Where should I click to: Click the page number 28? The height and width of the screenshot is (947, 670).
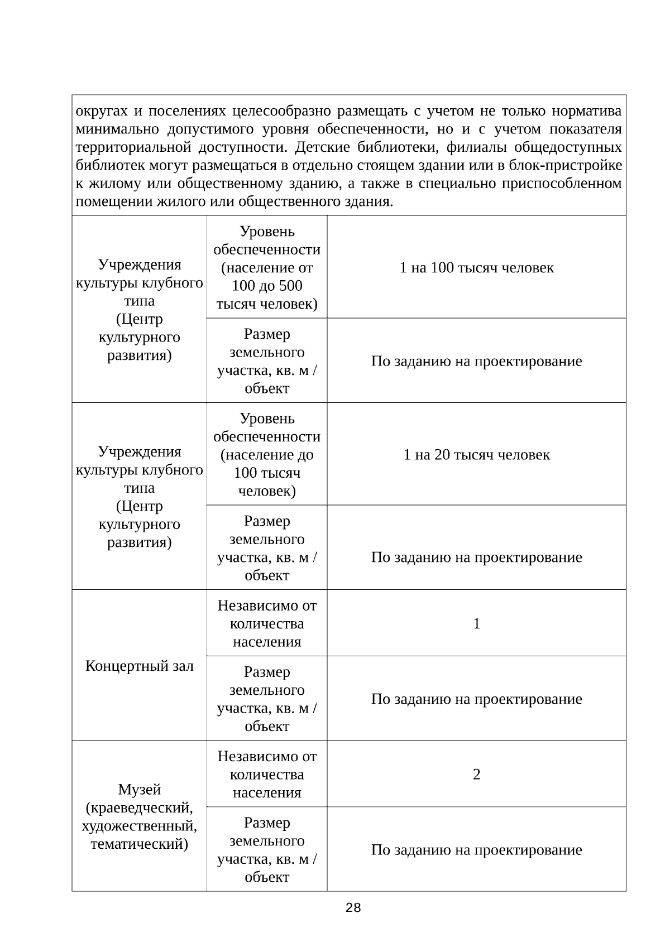point(353,908)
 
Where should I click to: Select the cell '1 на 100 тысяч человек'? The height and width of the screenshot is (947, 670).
point(476,268)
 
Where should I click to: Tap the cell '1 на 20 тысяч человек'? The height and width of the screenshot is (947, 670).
point(476,455)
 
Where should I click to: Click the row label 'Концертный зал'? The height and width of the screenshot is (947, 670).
point(139,666)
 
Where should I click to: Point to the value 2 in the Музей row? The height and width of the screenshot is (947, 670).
point(476,775)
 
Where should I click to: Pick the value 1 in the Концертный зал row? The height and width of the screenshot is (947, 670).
point(476,624)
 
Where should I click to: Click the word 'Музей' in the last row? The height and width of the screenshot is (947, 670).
point(139,790)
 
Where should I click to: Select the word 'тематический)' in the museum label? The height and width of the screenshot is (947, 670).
point(139,844)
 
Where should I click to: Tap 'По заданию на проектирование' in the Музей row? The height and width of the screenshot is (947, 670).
point(476,850)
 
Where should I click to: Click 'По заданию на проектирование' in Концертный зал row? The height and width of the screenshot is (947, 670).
point(476,699)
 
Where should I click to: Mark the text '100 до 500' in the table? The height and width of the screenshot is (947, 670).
point(267,286)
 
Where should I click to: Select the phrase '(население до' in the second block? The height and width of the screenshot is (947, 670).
point(267,455)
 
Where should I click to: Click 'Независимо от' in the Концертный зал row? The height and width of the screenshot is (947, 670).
point(267,605)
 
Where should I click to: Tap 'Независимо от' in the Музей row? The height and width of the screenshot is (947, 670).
point(267,757)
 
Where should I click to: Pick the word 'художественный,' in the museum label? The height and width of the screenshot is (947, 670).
point(139,826)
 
